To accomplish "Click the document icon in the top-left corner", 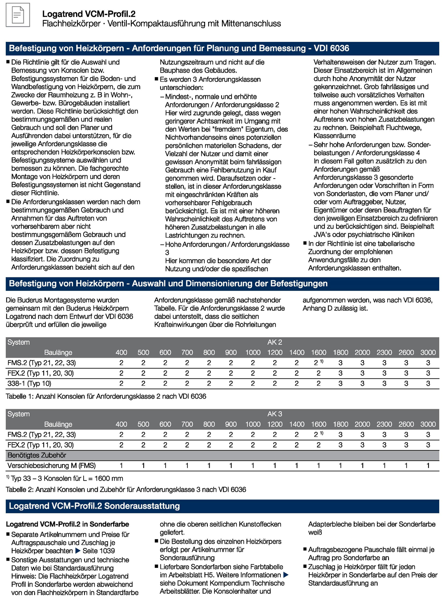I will (18, 15).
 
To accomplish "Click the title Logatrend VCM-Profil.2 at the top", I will (89, 14).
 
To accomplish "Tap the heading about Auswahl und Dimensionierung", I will (168, 284).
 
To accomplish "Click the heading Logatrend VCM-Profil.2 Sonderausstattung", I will (94, 506).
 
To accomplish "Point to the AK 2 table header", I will (275, 342).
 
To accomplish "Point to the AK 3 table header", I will (275, 414).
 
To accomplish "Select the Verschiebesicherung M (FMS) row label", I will (52, 465).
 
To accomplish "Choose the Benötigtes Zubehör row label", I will (37, 455).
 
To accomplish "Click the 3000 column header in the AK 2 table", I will (428, 352).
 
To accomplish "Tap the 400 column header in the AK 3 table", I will (121, 424).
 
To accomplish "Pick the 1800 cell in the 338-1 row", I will (340, 383).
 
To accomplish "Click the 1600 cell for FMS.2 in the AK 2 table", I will (318, 363).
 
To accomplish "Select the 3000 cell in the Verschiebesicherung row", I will (428, 465).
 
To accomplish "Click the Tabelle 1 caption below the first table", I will (106, 396).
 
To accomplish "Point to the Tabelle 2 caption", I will (126, 489).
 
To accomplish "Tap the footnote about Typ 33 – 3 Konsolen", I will (65, 478).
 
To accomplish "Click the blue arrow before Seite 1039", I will (78, 551).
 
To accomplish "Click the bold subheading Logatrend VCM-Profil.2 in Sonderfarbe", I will (68, 524).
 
